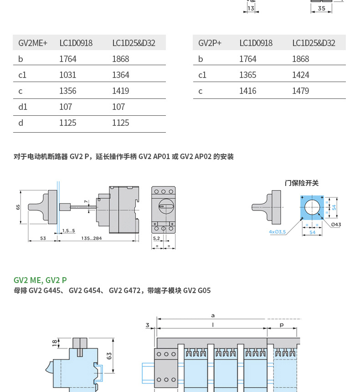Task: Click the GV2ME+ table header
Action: click(x=33, y=43)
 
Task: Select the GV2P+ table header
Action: click(x=210, y=43)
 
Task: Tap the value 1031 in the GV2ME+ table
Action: click(x=68, y=75)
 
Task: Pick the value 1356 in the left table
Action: click(x=68, y=91)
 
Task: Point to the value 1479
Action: click(x=301, y=91)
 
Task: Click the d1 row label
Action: click(x=23, y=107)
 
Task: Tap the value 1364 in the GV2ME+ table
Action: click(x=121, y=75)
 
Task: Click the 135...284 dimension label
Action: click(x=92, y=238)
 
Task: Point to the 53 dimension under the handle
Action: click(x=43, y=238)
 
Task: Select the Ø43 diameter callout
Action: click(x=336, y=225)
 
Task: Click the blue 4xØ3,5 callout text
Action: click(x=277, y=232)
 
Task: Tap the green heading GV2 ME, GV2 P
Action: click(x=40, y=280)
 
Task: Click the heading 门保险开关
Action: click(x=302, y=183)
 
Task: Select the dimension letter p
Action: click(x=282, y=325)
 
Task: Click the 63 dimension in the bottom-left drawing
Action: click(x=109, y=356)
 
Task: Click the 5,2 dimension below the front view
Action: click(x=156, y=238)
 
